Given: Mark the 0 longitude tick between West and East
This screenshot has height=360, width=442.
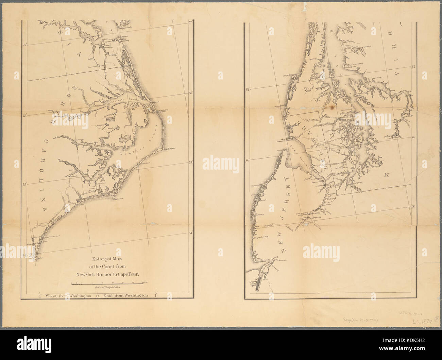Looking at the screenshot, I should click(x=98, y=296).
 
